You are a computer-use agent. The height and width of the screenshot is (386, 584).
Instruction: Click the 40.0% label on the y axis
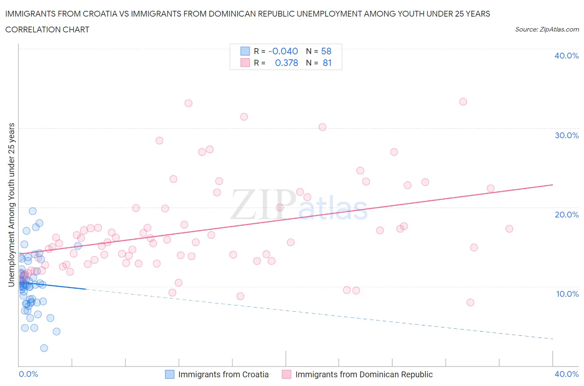(567, 56)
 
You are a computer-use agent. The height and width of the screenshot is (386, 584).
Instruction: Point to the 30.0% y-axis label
(567, 135)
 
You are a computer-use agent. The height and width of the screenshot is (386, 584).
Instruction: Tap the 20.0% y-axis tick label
(567, 215)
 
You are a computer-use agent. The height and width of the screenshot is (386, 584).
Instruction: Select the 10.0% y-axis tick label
(567, 294)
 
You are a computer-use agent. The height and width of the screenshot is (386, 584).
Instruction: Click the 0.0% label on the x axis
(28, 374)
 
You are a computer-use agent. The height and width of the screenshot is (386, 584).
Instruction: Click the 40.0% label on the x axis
(567, 374)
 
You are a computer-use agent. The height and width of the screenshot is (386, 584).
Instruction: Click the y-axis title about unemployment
(12, 205)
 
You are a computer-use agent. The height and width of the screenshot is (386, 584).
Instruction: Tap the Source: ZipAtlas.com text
(547, 29)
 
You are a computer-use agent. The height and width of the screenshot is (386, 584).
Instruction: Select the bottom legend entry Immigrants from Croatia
(223, 374)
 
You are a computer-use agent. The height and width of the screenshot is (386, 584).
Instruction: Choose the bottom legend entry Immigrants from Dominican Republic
(363, 374)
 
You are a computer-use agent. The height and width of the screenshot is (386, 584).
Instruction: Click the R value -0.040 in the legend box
(283, 51)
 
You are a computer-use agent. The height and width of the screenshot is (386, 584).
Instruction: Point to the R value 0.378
(286, 63)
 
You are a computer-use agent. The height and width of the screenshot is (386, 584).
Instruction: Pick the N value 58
(326, 51)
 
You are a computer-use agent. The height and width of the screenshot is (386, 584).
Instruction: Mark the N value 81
(327, 63)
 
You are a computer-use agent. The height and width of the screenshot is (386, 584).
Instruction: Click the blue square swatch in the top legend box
(245, 51)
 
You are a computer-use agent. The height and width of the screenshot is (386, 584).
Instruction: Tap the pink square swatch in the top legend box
(245, 63)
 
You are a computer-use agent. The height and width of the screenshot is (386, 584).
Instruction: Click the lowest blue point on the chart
(44, 348)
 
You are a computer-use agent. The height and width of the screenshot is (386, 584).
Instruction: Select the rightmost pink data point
(509, 229)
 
